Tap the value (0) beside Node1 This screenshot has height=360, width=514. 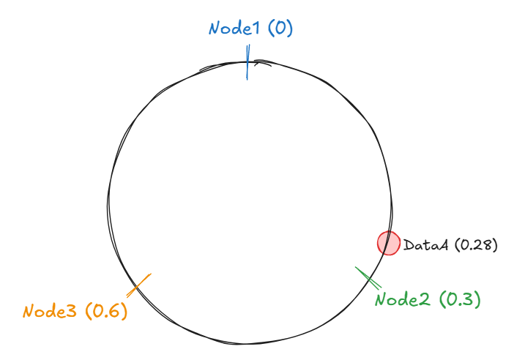pyautogui.click(x=280, y=29)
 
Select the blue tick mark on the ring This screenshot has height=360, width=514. pyautogui.click(x=248, y=63)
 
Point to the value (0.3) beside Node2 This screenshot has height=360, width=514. pyautogui.click(x=458, y=299)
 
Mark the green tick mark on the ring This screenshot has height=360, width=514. pyautogui.click(x=368, y=278)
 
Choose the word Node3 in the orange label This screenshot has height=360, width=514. pyautogui.click(x=50, y=311)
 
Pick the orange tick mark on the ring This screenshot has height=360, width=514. pyautogui.click(x=142, y=282)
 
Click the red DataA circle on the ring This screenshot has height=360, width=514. pyautogui.click(x=388, y=242)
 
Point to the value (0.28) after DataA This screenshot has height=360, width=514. pyautogui.click(x=476, y=246)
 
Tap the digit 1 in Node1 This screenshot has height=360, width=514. pyautogui.click(x=257, y=29)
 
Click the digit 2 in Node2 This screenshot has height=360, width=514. pyautogui.click(x=425, y=299)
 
